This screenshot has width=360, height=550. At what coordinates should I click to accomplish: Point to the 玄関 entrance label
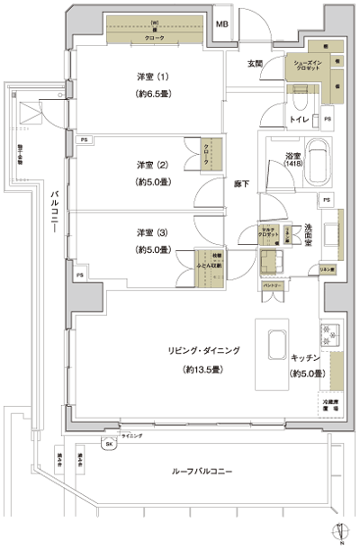coord(254,64)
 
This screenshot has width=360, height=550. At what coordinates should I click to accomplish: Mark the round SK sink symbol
coord(110,446)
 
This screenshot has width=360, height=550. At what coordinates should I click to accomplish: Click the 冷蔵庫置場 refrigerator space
coord(329,405)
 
